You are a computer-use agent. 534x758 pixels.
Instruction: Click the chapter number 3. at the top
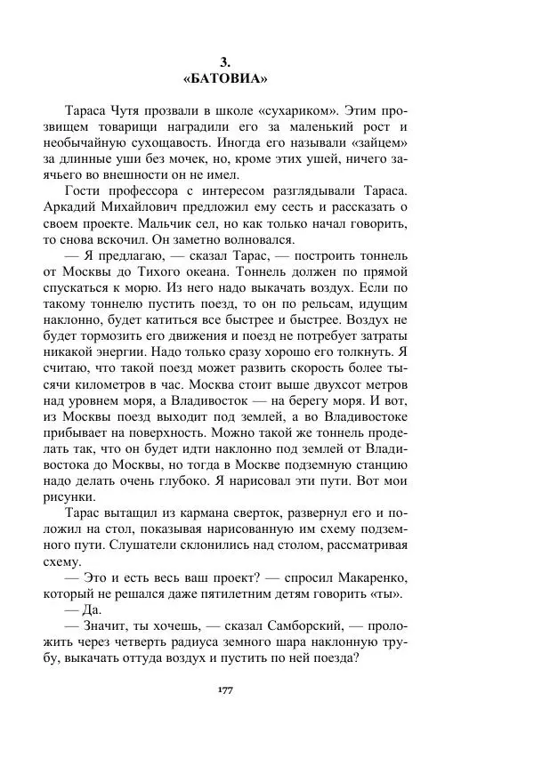[225, 61]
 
